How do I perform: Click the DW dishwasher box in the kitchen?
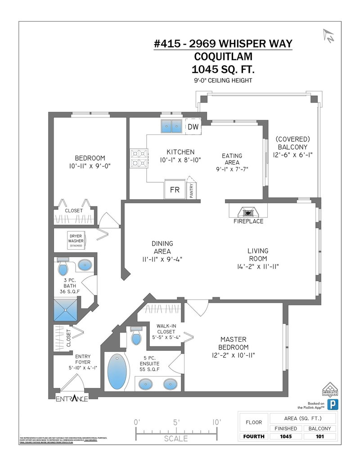pos(193,127)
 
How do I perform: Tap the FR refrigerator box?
pos(175,190)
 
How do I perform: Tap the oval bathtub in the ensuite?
pos(117,372)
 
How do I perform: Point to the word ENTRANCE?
pos(72,399)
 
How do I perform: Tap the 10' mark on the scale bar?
pos(216,422)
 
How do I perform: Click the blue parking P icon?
pos(332,403)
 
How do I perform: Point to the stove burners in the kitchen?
pos(137,158)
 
